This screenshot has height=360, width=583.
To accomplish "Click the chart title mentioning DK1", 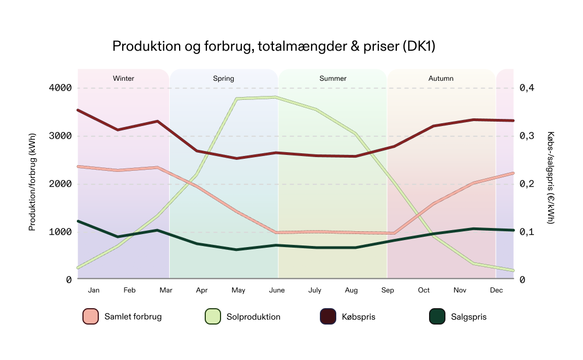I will point(273,46).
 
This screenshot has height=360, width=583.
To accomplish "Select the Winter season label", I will point(123,79).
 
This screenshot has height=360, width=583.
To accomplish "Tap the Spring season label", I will point(223,79).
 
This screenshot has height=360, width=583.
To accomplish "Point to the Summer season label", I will point(332,79).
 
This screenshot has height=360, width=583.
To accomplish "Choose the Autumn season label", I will point(441,79).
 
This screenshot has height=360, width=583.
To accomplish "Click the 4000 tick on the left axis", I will point(61,88).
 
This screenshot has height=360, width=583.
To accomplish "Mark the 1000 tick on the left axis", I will point(61,232).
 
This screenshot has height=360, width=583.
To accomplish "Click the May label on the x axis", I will point(238,290).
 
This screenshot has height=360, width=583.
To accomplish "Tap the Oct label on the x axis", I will point(424,290).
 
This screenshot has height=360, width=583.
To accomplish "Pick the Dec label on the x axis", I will point(496,290).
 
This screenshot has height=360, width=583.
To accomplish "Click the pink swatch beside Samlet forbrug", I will point(90,316).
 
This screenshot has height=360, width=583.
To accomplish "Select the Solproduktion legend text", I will point(253,317).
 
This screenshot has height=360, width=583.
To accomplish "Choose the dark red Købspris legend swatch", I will point(328,316).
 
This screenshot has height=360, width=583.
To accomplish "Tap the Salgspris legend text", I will point(468,317).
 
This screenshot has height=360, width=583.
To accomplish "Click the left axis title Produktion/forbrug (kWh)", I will point(32,184).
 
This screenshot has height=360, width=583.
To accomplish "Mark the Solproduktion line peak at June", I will point(277,98).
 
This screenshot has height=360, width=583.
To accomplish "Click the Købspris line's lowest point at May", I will point(236,158).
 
